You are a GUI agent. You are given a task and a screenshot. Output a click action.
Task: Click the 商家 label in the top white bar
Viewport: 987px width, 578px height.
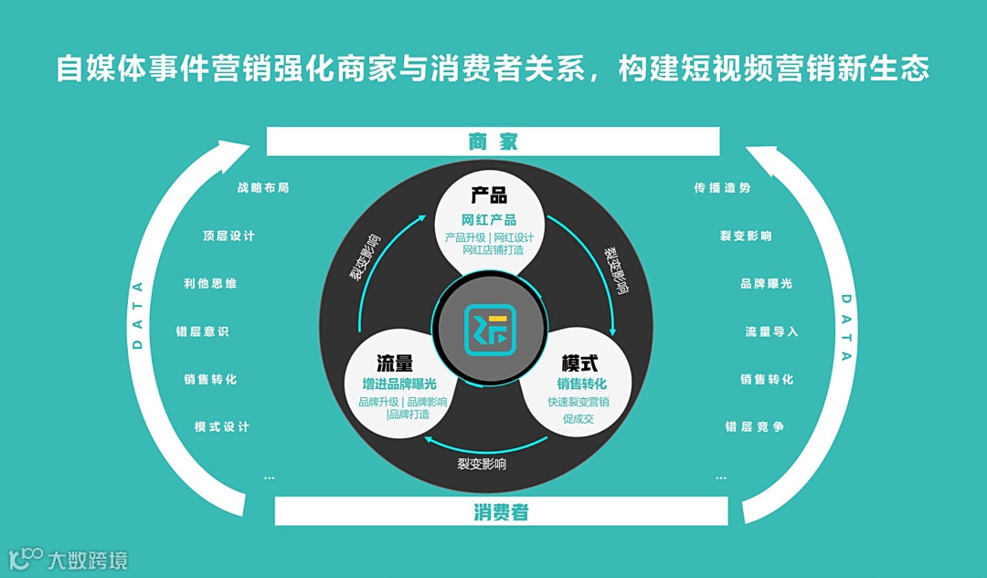[493, 142]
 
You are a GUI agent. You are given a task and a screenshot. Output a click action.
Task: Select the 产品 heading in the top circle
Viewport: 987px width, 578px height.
[489, 195]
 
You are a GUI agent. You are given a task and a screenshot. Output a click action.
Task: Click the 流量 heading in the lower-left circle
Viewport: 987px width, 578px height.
[395, 363]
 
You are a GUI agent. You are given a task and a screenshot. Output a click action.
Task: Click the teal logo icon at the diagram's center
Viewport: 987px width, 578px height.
[490, 330]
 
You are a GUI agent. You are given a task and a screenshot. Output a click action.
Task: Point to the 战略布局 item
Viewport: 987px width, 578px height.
[263, 188]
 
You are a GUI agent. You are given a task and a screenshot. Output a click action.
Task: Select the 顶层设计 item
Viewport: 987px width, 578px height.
[228, 236]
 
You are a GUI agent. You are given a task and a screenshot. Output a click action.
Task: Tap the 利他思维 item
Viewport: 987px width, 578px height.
[210, 284]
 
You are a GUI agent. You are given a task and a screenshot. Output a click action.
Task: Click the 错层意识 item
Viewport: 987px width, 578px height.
[202, 331]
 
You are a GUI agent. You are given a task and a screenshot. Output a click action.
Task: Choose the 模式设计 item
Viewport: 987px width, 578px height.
[222, 426]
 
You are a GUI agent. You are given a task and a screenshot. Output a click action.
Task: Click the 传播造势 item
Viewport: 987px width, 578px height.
[722, 188]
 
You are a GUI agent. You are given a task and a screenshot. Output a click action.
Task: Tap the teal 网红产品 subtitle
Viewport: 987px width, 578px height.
[489, 220]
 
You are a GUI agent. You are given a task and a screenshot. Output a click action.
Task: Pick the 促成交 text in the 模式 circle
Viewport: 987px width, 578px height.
[578, 420]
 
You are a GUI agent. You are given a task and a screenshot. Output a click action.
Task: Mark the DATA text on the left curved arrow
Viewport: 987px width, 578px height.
[138, 315]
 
